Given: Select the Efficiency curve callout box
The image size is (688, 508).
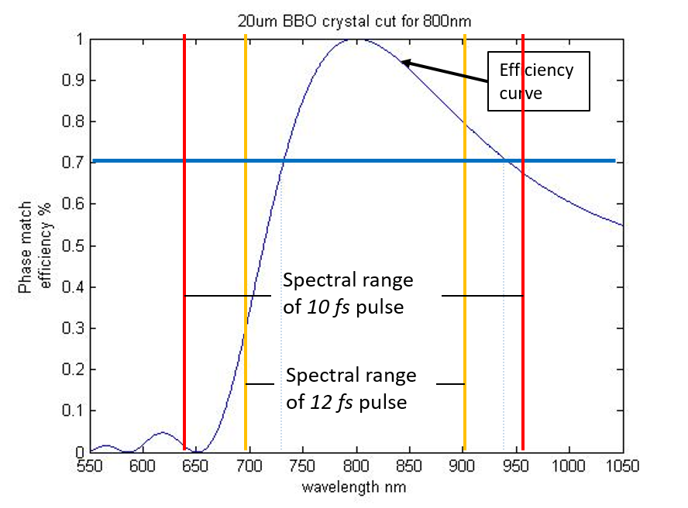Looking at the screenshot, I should pyautogui.click(x=538, y=81).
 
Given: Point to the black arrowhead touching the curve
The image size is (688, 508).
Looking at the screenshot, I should pyautogui.click(x=405, y=63).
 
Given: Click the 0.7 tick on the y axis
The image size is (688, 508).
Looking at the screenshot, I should pyautogui.click(x=75, y=163).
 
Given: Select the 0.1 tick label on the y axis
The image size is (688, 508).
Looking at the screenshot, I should pyautogui.click(x=75, y=410).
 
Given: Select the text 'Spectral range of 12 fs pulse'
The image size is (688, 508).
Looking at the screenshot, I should pyautogui.click(x=351, y=389).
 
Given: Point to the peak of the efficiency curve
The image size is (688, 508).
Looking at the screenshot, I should pyautogui.click(x=356, y=39).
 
